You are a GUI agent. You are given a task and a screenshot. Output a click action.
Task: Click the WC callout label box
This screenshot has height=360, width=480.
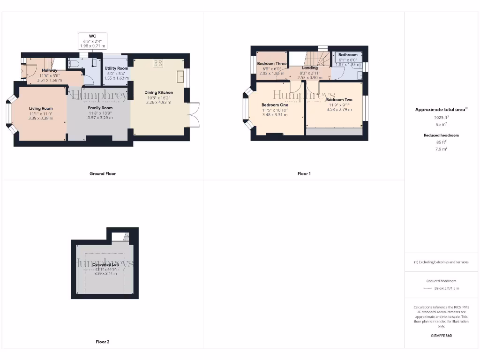[x=92, y=41]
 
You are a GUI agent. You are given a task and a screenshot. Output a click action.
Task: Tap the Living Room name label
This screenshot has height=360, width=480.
[x=41, y=108]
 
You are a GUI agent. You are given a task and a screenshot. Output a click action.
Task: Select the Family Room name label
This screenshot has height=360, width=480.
[x=100, y=108]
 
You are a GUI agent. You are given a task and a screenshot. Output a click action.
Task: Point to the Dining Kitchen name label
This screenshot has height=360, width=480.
[x=158, y=92]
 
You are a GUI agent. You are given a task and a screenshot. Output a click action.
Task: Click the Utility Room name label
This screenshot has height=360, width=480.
[x=116, y=68]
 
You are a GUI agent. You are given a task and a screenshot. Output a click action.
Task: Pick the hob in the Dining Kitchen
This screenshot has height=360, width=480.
[x=158, y=64]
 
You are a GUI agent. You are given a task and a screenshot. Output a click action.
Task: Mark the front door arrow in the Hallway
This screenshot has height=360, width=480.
[x=22, y=71]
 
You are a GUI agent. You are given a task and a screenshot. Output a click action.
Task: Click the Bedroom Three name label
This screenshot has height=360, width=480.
[x=272, y=64]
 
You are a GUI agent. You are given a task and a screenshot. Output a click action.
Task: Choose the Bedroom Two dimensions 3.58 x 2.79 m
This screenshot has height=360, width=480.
[x=339, y=109]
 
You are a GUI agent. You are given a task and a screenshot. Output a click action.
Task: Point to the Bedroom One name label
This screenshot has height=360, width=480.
[x=275, y=105]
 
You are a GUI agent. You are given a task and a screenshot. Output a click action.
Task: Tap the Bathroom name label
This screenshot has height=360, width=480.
[x=348, y=55]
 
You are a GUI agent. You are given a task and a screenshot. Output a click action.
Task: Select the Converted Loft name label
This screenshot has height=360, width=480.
[x=105, y=264]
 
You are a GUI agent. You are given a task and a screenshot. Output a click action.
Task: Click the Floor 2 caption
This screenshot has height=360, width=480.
[x=102, y=342]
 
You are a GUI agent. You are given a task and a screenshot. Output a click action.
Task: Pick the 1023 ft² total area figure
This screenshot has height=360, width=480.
[x=441, y=118]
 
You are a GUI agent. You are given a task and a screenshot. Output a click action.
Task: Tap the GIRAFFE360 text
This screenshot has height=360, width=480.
[x=441, y=336]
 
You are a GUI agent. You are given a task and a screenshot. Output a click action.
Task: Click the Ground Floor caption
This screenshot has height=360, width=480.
[x=102, y=173]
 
